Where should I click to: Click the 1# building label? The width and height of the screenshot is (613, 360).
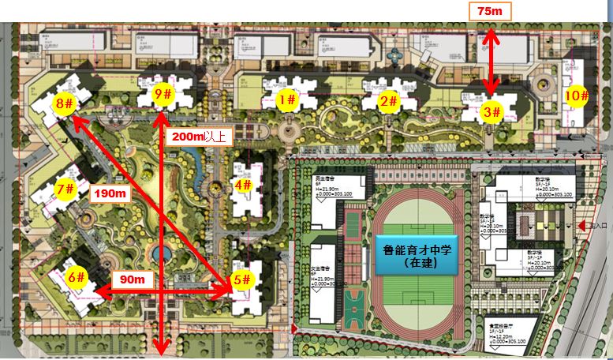287,100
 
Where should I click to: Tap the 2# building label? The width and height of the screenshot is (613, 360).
387,101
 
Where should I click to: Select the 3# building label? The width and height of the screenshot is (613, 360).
492,113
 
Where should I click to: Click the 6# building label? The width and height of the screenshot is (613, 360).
76,277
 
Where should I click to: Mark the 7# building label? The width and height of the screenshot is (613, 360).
65,189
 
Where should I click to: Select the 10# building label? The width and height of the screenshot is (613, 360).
577,96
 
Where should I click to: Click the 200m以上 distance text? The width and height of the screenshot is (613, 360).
198,137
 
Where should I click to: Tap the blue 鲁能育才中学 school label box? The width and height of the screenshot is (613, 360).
414,255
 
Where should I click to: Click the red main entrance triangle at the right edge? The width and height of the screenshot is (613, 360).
583,226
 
